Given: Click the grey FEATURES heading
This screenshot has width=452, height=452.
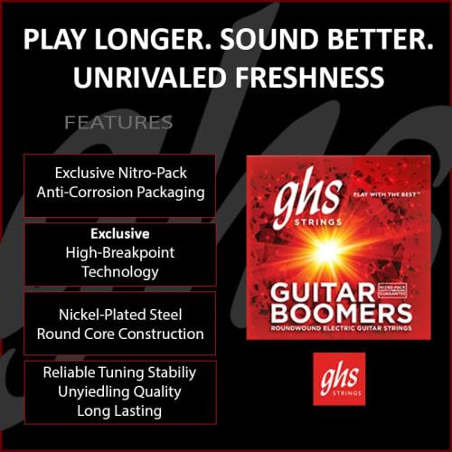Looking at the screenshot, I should (118, 121).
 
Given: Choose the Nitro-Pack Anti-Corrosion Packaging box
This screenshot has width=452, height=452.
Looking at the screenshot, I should (120, 182).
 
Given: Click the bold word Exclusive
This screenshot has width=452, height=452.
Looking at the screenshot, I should (120, 234).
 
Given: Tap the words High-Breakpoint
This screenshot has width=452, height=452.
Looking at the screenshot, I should (120, 252).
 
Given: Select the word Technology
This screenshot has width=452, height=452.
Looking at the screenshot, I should (120, 271).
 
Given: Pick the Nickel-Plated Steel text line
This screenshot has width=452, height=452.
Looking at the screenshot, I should (120, 315).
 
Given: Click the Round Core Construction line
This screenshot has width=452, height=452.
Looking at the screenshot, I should (120, 334).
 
